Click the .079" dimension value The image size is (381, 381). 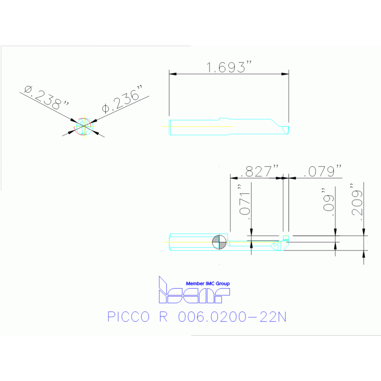(x=323, y=171)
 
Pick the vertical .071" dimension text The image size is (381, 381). (x=243, y=200)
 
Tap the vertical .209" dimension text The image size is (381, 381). (x=356, y=200)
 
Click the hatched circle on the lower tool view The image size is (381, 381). (x=219, y=242)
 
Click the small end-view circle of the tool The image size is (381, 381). (x=84, y=126)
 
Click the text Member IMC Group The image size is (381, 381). (x=208, y=284)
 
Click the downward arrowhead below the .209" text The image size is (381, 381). (x=364, y=231)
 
